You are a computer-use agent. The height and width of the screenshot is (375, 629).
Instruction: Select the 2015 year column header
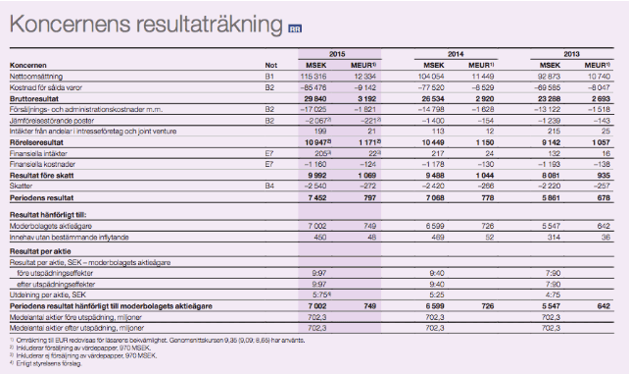(x=336, y=54)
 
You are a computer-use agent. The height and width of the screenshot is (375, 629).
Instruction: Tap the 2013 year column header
(x=574, y=54)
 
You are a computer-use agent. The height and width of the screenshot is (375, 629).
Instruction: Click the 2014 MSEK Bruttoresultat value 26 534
(x=432, y=99)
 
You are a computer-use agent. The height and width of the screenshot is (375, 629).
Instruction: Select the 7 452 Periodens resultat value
(x=314, y=195)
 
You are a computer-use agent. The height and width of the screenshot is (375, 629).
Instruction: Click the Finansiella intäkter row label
(x=39, y=153)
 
